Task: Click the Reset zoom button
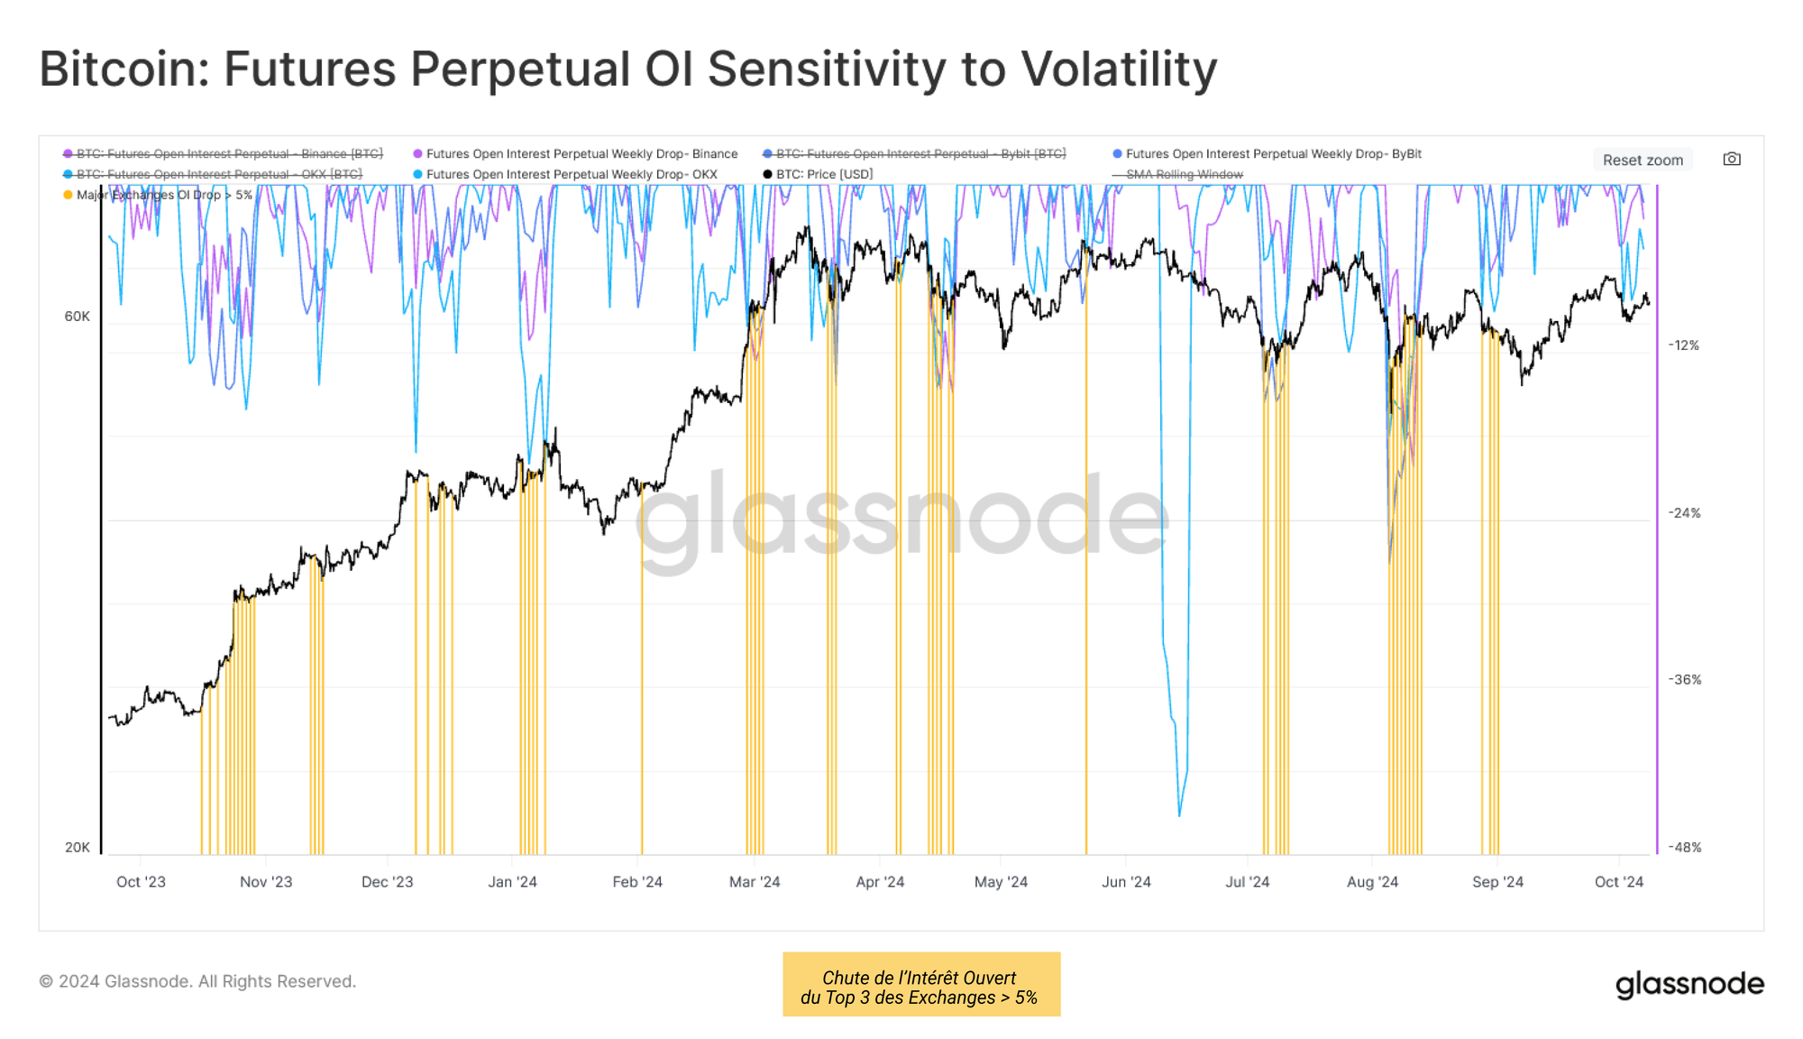click(1643, 160)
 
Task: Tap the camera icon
click(1732, 159)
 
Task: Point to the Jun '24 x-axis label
click(1126, 882)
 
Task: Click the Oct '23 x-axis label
click(141, 882)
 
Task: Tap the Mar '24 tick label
click(755, 882)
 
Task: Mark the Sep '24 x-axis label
click(1497, 882)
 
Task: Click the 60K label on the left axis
click(78, 317)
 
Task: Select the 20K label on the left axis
click(78, 848)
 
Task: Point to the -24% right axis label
click(1684, 513)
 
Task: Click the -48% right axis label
click(1684, 848)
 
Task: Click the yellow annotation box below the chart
click(920, 985)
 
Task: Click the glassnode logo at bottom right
click(1689, 984)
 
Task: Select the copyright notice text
click(197, 981)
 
